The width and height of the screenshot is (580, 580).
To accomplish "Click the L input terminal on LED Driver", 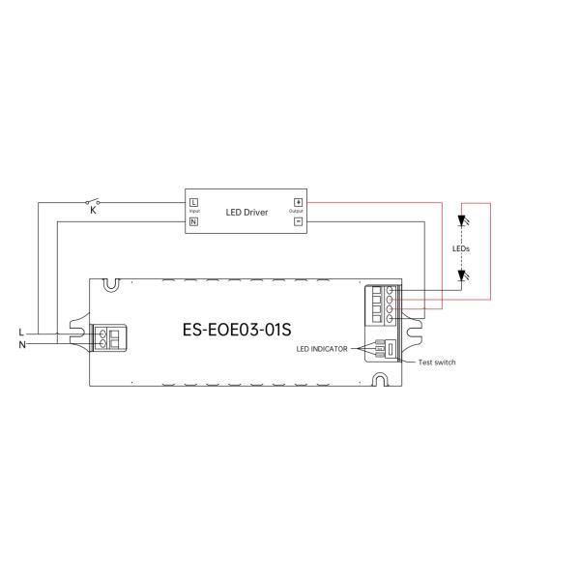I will pyautogui.click(x=194, y=202).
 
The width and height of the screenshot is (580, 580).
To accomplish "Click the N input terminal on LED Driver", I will pyautogui.click(x=194, y=221).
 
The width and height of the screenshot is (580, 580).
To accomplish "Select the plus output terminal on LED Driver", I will pyautogui.click(x=298, y=202).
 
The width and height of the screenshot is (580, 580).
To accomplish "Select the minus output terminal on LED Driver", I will pyautogui.click(x=298, y=221).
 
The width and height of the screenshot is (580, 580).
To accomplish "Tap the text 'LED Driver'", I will pyautogui.click(x=246, y=212).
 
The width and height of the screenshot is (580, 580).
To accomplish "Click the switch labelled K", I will pyautogui.click(x=95, y=202).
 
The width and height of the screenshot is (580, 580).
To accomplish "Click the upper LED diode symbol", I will pyautogui.click(x=462, y=219).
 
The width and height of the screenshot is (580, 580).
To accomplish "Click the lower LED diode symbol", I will pyautogui.click(x=462, y=275).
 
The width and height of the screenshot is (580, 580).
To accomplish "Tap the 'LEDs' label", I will pyautogui.click(x=461, y=248).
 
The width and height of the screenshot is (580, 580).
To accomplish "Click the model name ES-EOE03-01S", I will pyautogui.click(x=237, y=328).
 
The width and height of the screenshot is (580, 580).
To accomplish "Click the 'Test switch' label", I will pyautogui.click(x=436, y=362).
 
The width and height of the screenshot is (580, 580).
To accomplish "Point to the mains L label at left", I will pyautogui.click(x=21, y=332).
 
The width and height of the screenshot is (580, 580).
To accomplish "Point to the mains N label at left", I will pyautogui.click(x=21, y=343).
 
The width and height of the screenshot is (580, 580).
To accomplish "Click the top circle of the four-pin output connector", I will pyautogui.click(x=389, y=290).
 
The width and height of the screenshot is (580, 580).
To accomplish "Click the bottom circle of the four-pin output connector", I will pyautogui.click(x=389, y=319).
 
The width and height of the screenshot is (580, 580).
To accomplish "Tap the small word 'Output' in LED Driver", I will pyautogui.click(x=296, y=212).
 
